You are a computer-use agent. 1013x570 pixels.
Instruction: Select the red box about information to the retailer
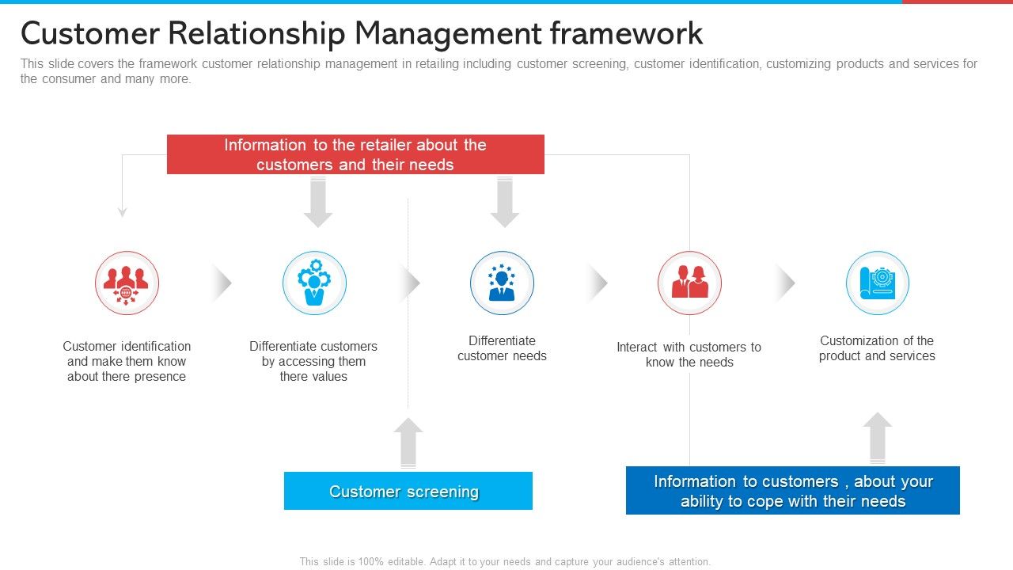point(355,154)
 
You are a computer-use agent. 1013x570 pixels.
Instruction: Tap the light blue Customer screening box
point(408,491)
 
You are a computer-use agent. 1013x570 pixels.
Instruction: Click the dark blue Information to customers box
point(792,491)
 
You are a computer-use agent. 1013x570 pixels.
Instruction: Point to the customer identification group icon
point(127,283)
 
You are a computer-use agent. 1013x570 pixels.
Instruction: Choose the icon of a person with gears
point(314,283)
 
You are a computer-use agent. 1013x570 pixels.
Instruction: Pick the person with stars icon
point(502,283)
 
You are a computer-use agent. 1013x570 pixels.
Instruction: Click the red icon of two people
point(689,283)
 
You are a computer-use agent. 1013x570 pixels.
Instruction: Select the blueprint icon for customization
point(877,283)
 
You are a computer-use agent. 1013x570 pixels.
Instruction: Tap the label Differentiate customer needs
point(502,348)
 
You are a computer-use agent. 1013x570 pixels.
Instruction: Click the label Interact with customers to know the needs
point(689,355)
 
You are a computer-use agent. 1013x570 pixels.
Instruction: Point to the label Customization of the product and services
point(877,348)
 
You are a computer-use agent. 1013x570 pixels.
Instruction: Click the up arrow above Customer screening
point(408,443)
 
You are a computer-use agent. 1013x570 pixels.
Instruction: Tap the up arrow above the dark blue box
point(877,437)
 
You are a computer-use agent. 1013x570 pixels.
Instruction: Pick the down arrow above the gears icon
point(318,202)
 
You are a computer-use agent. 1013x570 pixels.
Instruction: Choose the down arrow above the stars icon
point(505,202)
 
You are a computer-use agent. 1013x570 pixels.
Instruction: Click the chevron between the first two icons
point(222,283)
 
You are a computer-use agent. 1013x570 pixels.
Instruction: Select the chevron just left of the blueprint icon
point(785,283)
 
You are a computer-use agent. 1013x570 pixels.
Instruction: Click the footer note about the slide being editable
point(505,561)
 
